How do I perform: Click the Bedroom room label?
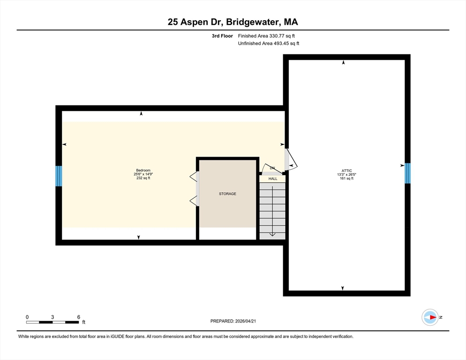[143, 170]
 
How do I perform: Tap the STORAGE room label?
[228, 194]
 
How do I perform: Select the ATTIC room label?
[347, 171]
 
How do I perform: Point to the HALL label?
[273, 179]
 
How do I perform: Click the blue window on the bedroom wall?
[59, 176]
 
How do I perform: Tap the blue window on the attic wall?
[407, 173]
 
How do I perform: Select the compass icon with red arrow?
[430, 317]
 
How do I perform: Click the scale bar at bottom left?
[53, 322]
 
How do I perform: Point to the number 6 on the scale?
[79, 317]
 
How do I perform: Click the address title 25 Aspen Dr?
[195, 22]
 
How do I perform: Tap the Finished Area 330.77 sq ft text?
[266, 36]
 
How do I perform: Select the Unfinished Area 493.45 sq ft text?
[268, 44]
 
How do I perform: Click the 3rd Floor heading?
[222, 36]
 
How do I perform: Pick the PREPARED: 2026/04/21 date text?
[233, 321]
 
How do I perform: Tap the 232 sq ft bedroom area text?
[143, 178]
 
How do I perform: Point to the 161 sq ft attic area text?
[347, 179]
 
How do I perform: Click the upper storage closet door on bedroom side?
[194, 177]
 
